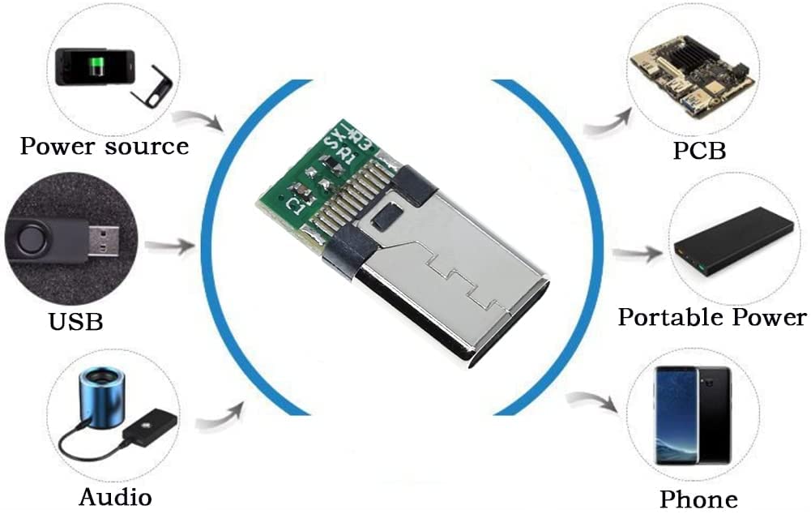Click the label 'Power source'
pos(104,147)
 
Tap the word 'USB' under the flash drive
pos(76,321)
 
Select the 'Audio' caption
pos(115,495)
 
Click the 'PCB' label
pos(698,151)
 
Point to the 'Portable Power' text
pos(712,316)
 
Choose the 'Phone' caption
pos(698,499)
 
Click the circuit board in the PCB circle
pos(693,71)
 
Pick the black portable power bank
pos(723,242)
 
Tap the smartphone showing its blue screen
pos(677,413)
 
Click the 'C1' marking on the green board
pos(297,204)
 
